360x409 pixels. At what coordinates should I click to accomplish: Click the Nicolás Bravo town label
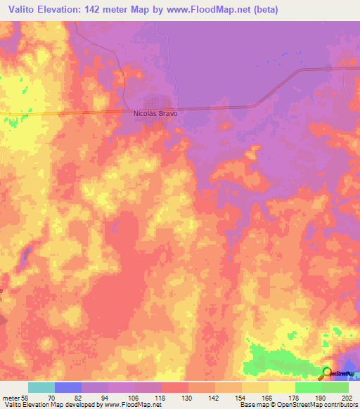(155, 112)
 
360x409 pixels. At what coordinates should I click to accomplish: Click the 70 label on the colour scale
(51, 397)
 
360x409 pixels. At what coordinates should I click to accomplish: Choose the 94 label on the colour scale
(105, 397)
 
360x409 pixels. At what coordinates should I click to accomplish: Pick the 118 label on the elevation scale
(158, 397)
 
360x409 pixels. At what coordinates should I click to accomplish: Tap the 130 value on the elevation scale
(185, 397)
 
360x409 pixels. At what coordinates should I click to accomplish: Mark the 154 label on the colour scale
(238, 397)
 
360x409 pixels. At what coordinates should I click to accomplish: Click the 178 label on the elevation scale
(292, 397)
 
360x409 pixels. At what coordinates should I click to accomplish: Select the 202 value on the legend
(345, 397)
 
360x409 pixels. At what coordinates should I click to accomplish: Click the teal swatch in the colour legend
(41, 387)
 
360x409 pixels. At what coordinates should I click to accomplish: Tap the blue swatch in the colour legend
(68, 387)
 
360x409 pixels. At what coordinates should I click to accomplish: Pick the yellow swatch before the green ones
(282, 387)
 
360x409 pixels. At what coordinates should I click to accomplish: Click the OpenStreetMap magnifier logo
(328, 372)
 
